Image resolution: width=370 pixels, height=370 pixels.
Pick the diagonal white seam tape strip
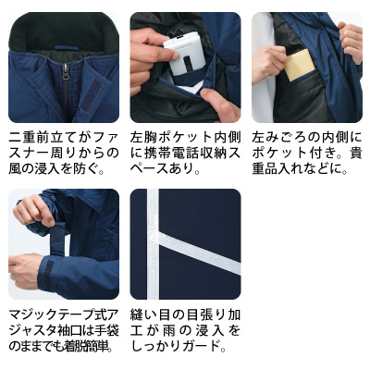click(x=199, y=260)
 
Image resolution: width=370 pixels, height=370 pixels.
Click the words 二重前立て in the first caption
click(x=41, y=135)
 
